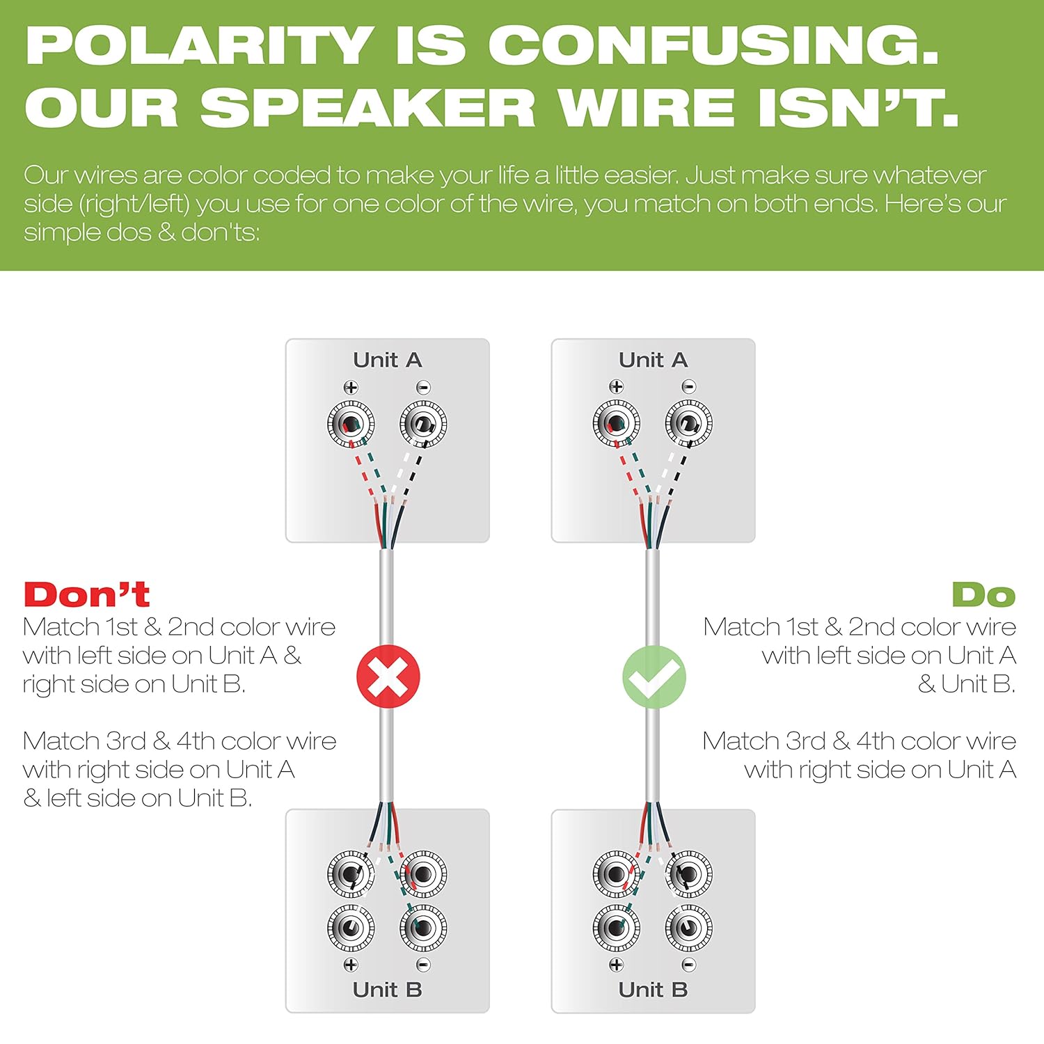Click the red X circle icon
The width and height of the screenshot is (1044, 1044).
tap(388, 677)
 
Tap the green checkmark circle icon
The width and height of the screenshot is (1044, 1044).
tap(654, 677)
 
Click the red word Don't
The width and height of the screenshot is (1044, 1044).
tap(87, 595)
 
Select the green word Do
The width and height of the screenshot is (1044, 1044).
tap(983, 595)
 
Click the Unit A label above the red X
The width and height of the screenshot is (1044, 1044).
tap(388, 360)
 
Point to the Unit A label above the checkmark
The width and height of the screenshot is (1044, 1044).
tap(653, 360)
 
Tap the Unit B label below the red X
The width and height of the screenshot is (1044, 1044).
tap(388, 989)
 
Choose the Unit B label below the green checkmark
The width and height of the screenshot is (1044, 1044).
tap(653, 989)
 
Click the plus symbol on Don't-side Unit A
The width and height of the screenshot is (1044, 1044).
tap(351, 388)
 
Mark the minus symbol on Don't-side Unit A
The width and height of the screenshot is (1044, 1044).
tap(423, 388)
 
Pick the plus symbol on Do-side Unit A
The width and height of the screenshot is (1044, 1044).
tap(616, 387)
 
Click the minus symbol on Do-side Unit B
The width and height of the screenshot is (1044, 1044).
tap(688, 965)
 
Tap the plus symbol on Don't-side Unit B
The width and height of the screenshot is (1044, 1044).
tap(351, 965)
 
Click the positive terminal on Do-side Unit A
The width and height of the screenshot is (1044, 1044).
tap(616, 423)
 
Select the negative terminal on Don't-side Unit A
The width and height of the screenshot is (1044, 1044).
tap(423, 424)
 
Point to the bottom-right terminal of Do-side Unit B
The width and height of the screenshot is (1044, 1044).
tap(688, 928)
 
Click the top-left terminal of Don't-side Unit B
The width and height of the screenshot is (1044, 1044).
tap(351, 873)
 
